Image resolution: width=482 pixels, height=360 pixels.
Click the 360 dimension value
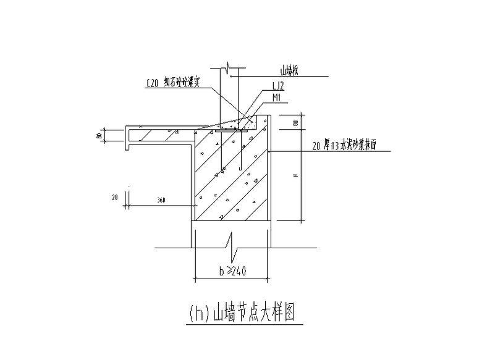pos(162,200)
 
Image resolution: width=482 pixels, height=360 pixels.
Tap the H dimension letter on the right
pos(296,176)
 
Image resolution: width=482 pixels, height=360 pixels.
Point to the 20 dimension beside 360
pos(115,198)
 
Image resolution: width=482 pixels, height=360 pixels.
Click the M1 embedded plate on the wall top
pos(233,131)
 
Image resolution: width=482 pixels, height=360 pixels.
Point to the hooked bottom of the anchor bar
pos(240,168)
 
